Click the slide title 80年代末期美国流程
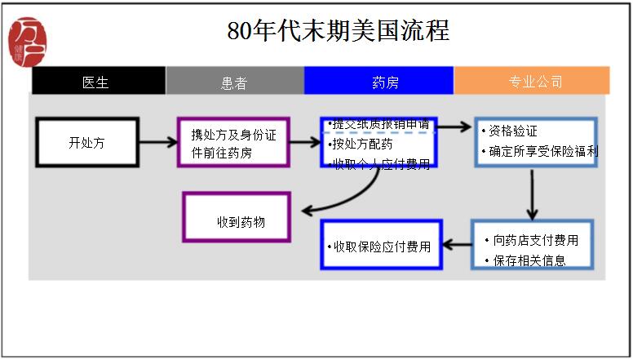(x=339, y=32)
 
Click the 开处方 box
(x=87, y=143)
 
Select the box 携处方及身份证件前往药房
(x=233, y=143)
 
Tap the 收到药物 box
(x=237, y=217)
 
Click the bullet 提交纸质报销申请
(x=378, y=125)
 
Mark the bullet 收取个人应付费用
(x=380, y=164)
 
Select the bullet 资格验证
(x=512, y=131)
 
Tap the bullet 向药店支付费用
(x=535, y=240)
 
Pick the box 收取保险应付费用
(x=379, y=246)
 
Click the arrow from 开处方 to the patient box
(x=158, y=143)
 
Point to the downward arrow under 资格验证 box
(x=532, y=194)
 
